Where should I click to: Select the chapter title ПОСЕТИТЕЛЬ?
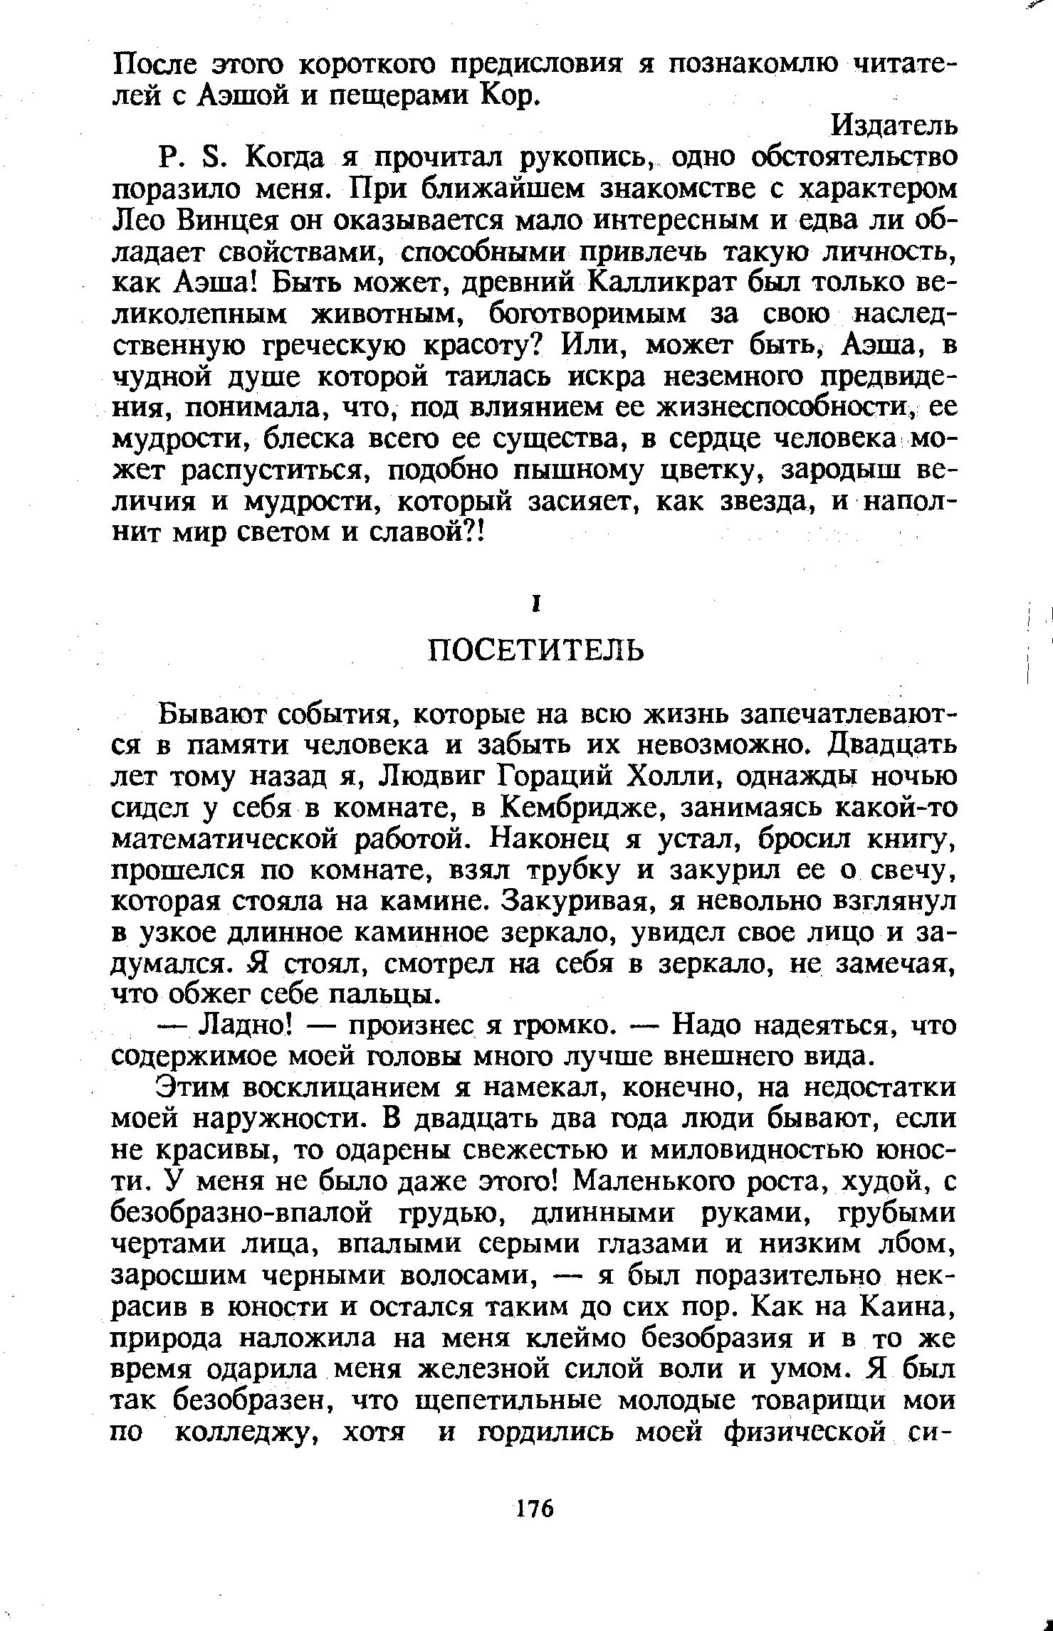pos(535,650)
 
